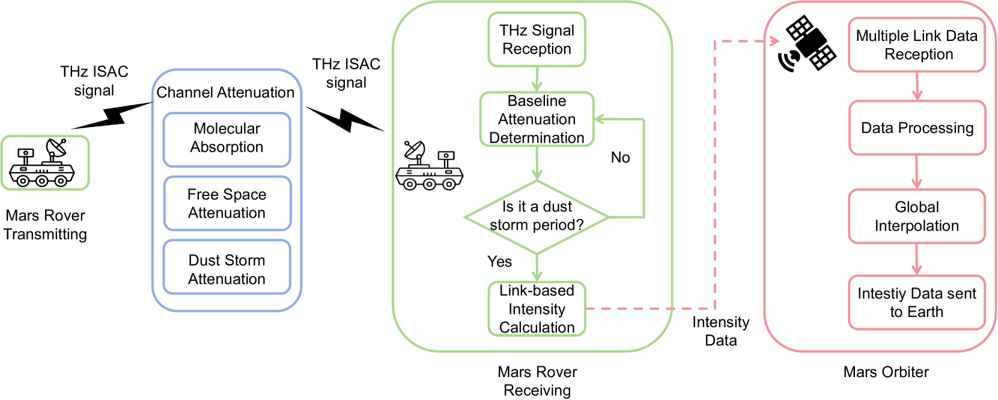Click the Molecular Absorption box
[x=227, y=139]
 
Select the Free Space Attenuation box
[x=227, y=203]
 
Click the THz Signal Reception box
[x=537, y=40]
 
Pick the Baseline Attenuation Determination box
[x=537, y=119]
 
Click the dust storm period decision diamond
[x=537, y=217]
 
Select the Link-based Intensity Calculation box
[x=537, y=309]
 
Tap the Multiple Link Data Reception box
[x=916, y=45]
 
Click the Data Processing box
[x=917, y=128]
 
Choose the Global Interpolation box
[x=916, y=217]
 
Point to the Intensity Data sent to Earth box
[x=916, y=303]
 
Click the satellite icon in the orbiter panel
[x=808, y=43]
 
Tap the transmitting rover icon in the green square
[x=45, y=162]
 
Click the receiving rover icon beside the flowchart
[x=429, y=166]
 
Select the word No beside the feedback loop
[x=620, y=158]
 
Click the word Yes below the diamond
[x=499, y=262]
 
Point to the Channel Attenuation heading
[x=225, y=93]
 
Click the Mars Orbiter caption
[x=886, y=372]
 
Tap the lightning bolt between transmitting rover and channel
[x=112, y=115]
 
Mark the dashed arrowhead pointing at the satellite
[x=774, y=41]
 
